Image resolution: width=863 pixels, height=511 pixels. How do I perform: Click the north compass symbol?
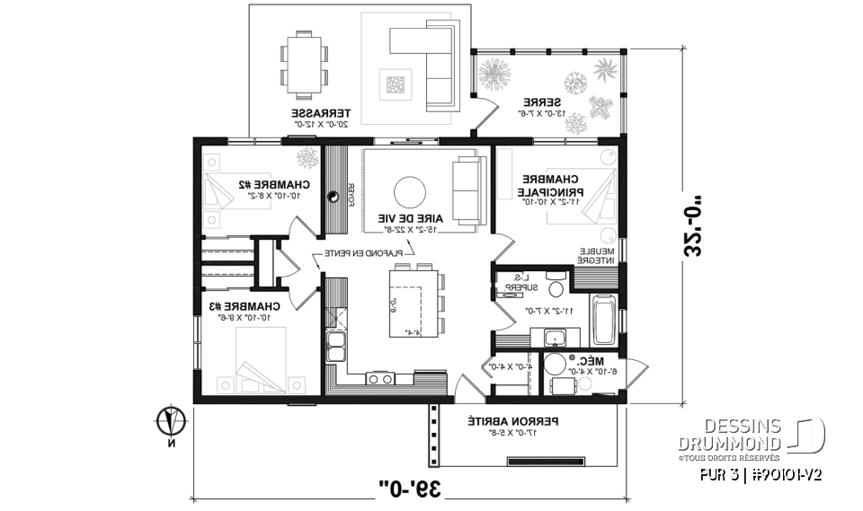tap(171, 419)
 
